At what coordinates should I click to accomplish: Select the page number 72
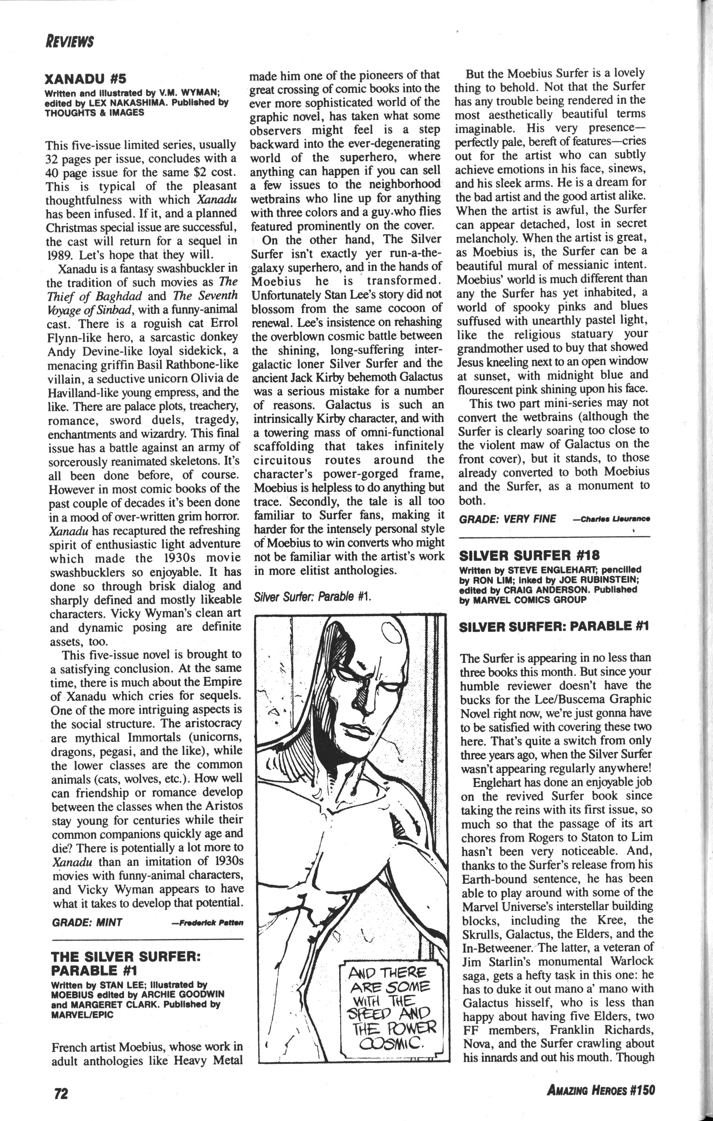(x=60, y=1092)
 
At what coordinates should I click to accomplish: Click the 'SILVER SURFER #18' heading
(x=529, y=555)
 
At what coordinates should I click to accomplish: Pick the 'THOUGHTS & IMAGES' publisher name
(x=94, y=112)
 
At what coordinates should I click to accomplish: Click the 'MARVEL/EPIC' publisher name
(x=82, y=1015)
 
